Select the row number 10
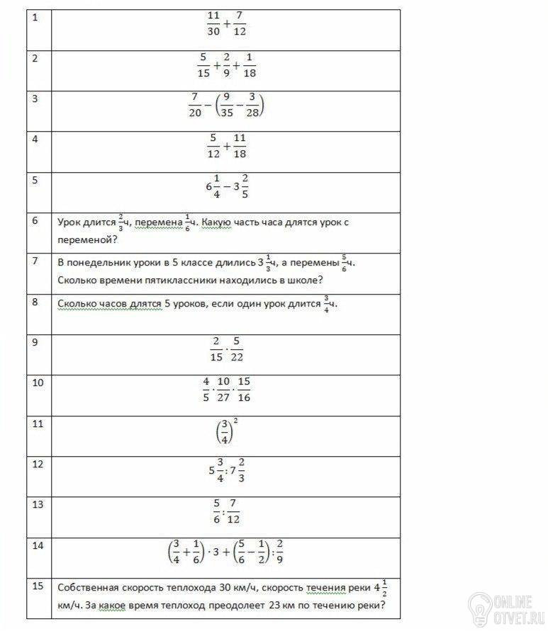(x=38, y=382)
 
